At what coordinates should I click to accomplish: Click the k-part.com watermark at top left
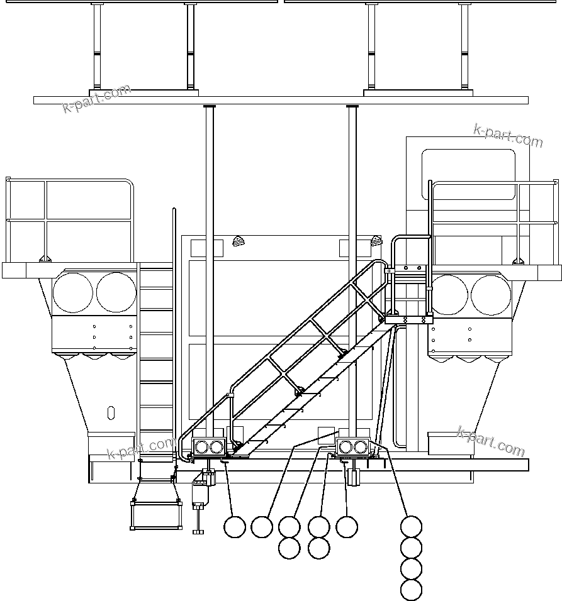click(x=97, y=99)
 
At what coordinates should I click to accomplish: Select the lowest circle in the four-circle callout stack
click(x=411, y=590)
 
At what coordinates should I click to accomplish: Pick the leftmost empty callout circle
click(x=235, y=527)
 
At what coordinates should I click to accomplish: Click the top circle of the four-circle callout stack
click(x=411, y=526)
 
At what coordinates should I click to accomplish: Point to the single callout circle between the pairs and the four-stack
click(x=347, y=526)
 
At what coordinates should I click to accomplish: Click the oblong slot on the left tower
click(x=111, y=413)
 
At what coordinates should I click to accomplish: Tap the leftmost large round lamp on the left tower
click(x=73, y=292)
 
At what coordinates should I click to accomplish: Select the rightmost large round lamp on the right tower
click(x=491, y=295)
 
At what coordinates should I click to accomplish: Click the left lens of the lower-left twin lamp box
click(x=202, y=447)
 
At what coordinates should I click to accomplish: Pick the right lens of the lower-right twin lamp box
click(x=361, y=447)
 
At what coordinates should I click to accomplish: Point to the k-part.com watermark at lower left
click(x=142, y=448)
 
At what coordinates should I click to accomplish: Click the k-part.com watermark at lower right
click(x=491, y=441)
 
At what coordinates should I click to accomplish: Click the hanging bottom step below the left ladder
click(x=156, y=515)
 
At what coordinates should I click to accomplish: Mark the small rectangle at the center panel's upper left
click(x=206, y=247)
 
